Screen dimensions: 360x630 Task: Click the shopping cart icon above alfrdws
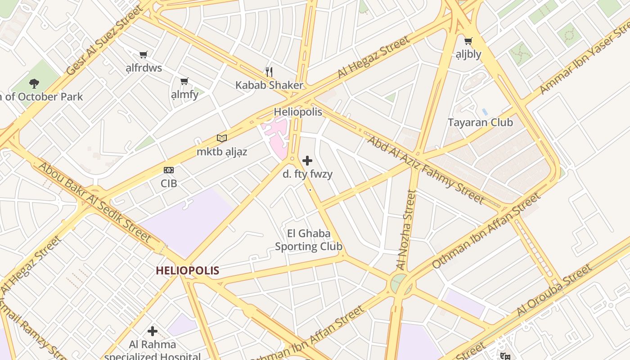click(143, 55)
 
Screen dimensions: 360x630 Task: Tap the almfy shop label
click(184, 95)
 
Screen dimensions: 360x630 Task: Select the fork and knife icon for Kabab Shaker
click(269, 72)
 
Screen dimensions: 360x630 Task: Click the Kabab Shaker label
click(269, 85)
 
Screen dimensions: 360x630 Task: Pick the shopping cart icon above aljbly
click(468, 41)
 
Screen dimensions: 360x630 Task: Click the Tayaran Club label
click(480, 122)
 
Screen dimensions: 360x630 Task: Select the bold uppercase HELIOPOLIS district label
click(187, 270)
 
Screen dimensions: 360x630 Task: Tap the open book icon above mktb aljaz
click(221, 138)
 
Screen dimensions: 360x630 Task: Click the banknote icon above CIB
click(169, 170)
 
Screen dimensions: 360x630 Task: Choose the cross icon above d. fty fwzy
click(307, 161)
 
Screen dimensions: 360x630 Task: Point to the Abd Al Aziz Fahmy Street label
click(426, 169)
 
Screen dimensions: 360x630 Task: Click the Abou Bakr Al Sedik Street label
click(94, 202)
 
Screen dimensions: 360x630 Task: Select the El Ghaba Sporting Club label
click(309, 240)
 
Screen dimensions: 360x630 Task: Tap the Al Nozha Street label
click(406, 230)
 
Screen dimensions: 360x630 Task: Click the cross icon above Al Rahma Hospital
click(153, 331)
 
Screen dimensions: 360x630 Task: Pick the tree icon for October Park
click(34, 83)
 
